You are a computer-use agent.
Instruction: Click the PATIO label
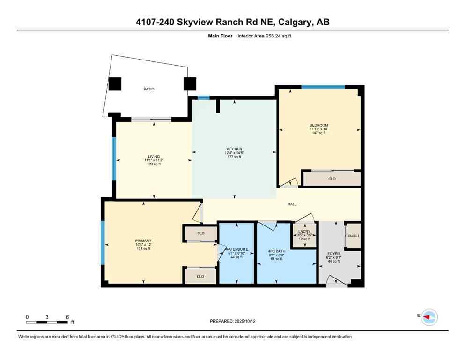coord(149,89)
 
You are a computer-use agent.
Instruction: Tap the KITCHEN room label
coord(234,149)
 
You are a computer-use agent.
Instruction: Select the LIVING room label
coord(154,156)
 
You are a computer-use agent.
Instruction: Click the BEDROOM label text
coord(319,125)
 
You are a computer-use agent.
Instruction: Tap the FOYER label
coord(333,253)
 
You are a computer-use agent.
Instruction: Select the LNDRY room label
coord(305,230)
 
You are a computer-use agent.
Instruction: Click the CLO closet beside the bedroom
coord(332,179)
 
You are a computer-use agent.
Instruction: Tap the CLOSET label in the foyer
coord(353,236)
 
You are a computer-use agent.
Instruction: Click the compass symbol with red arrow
coord(429,317)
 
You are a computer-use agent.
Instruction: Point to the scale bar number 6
coord(67,317)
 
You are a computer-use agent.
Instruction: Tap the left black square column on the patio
coord(115,84)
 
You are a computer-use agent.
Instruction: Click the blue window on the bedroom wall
coord(323,87)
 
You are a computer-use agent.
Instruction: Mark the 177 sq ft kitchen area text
coord(234,157)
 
